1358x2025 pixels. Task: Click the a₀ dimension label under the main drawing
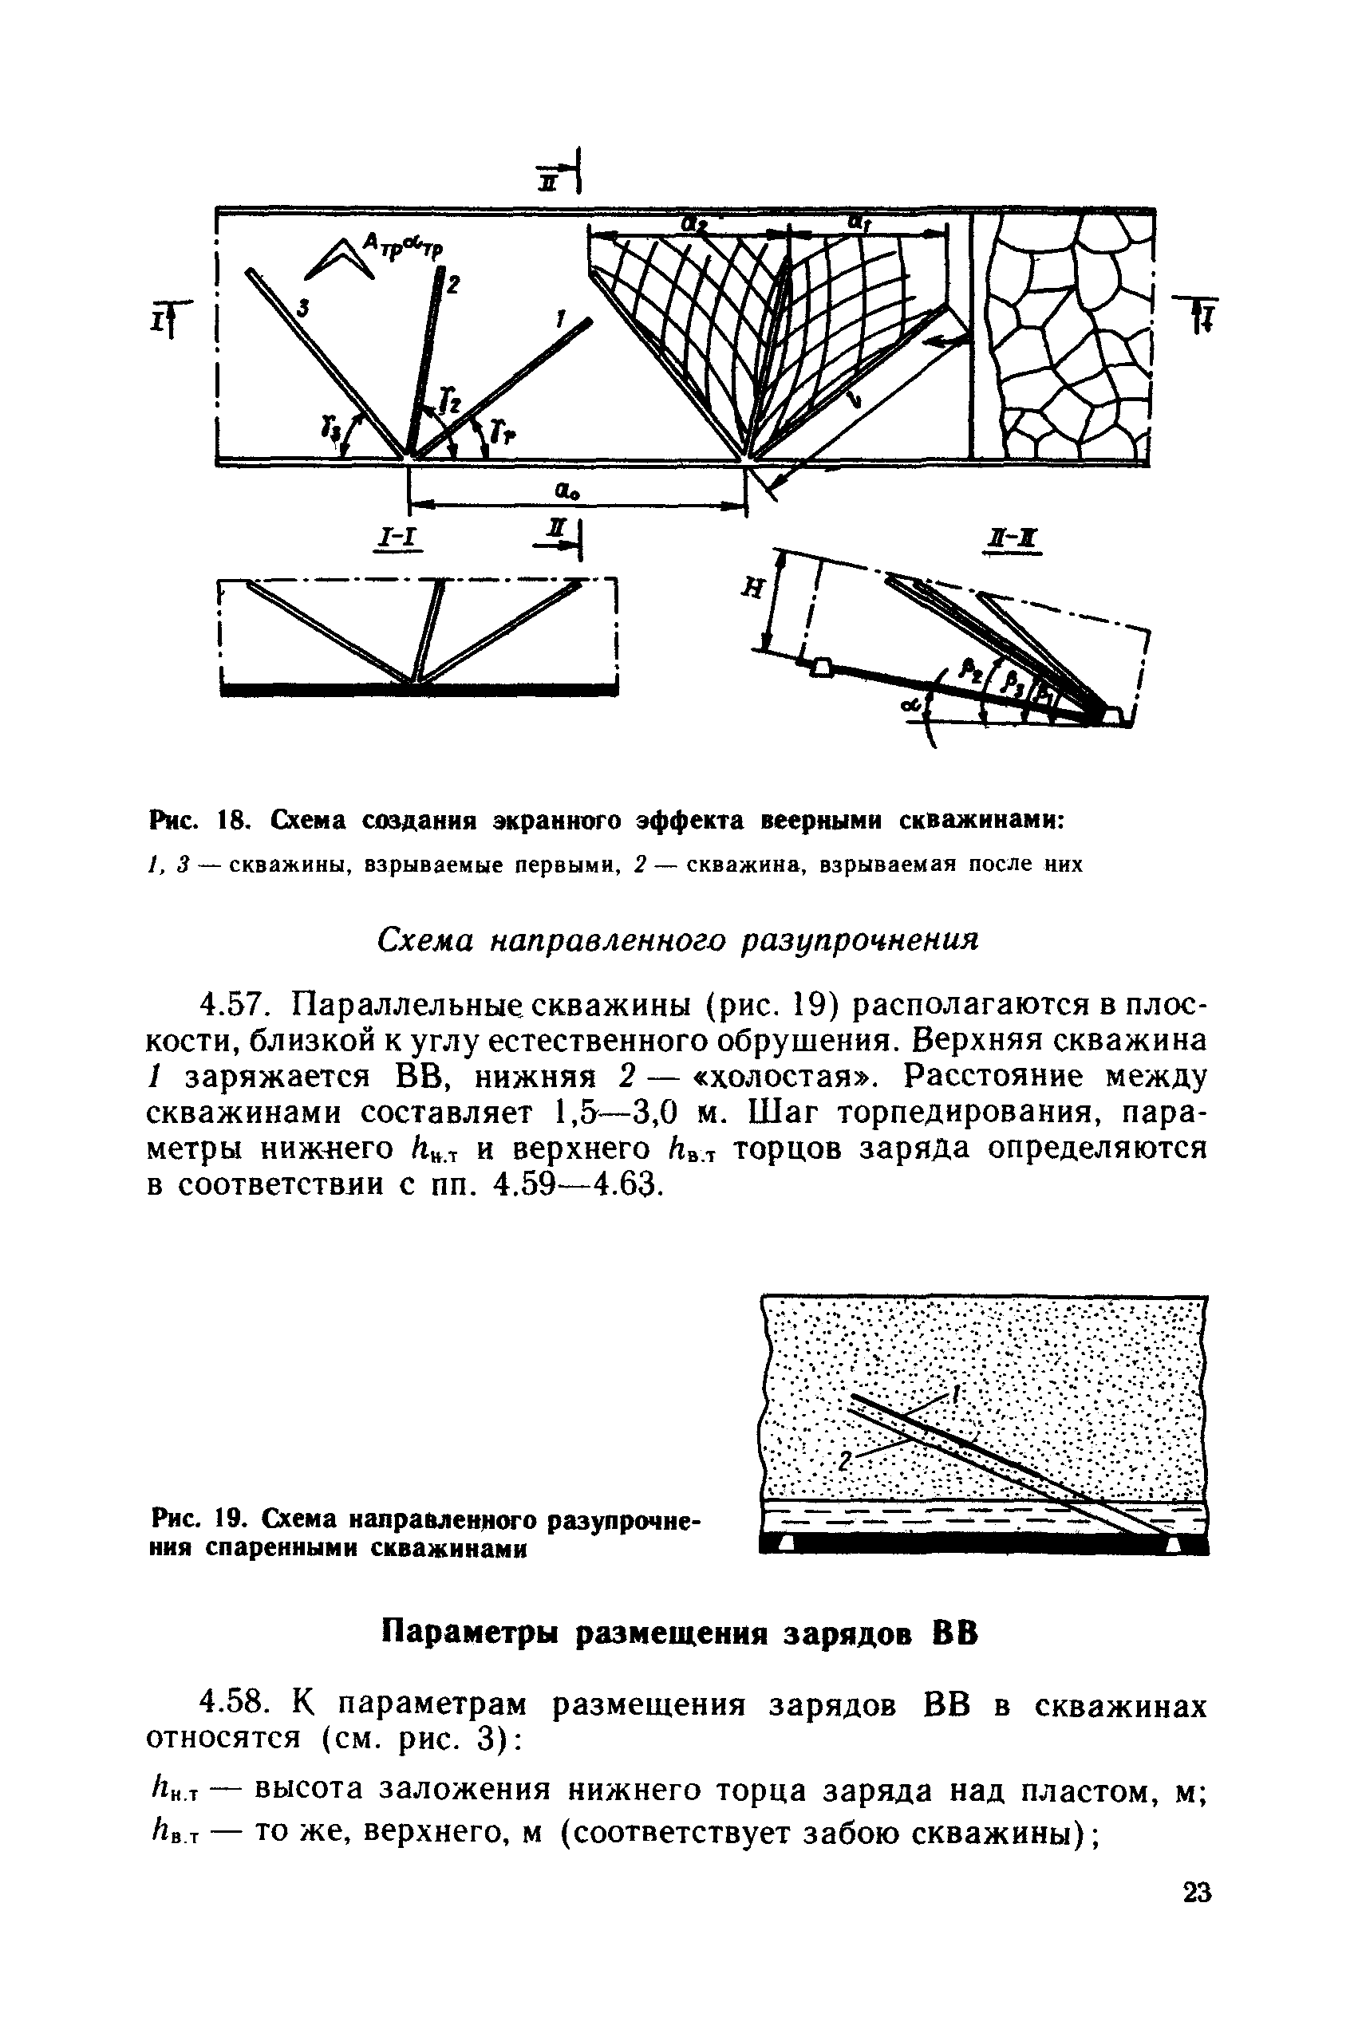click(567, 490)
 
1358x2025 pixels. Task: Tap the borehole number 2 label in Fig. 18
click(454, 283)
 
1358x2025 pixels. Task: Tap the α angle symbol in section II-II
click(910, 707)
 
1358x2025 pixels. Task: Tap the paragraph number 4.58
click(234, 1705)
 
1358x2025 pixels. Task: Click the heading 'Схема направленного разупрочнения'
click(678, 940)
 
